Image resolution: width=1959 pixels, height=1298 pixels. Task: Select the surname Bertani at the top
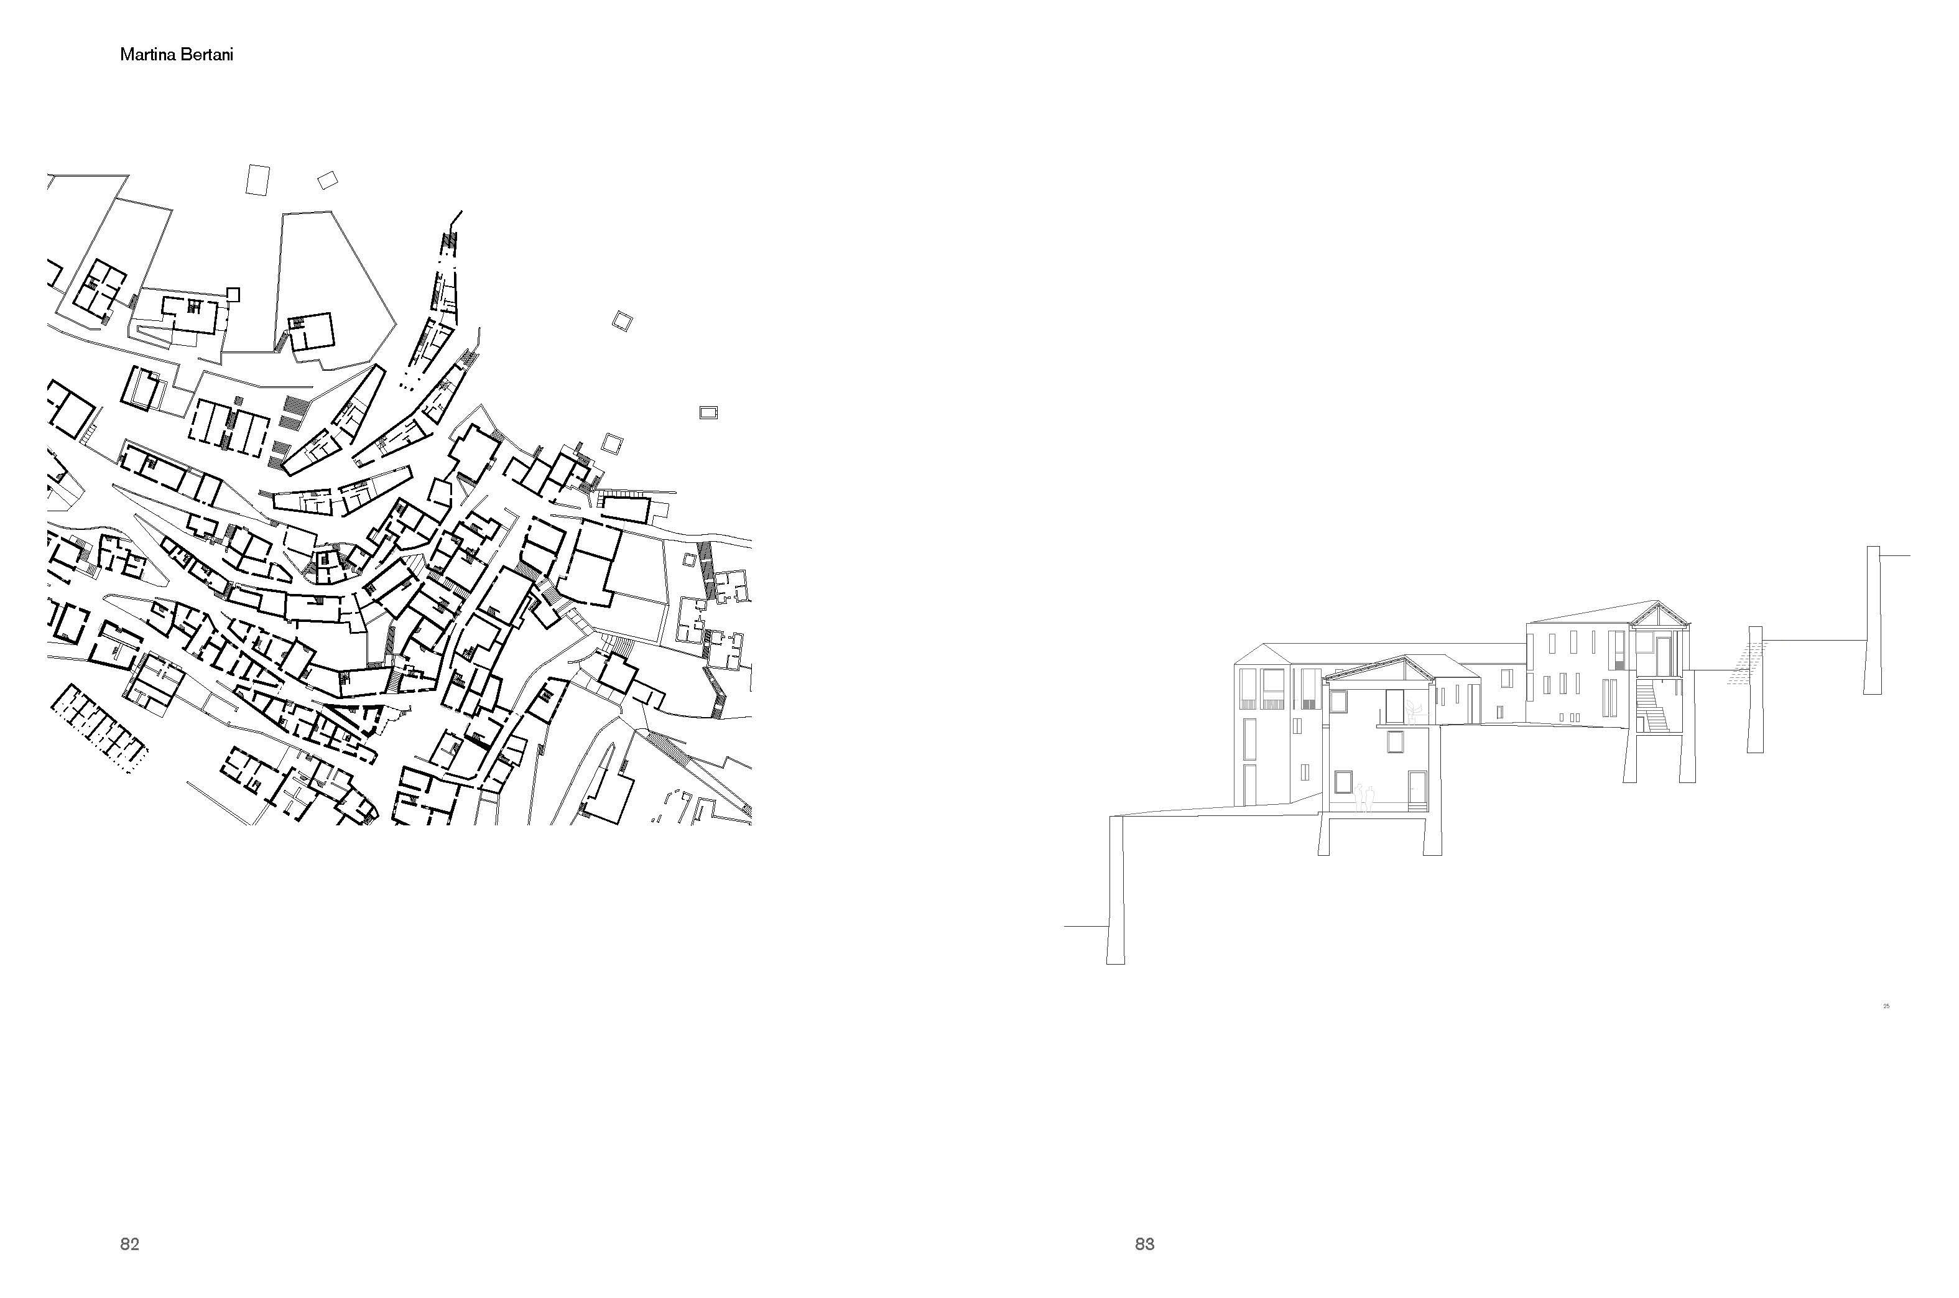coord(208,55)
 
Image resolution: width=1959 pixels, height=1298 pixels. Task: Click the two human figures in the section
coord(1364,797)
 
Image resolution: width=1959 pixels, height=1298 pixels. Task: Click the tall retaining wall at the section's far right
coord(1873,620)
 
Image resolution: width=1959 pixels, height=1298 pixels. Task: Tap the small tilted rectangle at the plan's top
coord(328,180)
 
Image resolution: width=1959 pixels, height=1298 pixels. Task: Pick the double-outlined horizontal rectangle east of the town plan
coord(708,412)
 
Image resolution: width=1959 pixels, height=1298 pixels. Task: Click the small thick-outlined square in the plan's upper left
coord(233,294)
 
